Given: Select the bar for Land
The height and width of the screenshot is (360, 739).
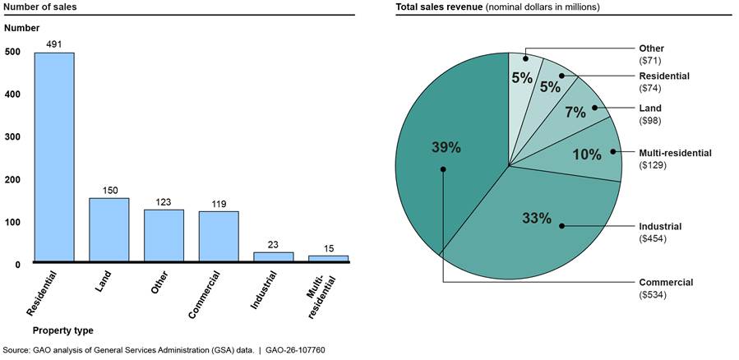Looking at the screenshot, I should point(109,230).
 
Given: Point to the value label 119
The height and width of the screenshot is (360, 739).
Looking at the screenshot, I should point(219,204).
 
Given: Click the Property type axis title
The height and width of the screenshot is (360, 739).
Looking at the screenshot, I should point(62,330).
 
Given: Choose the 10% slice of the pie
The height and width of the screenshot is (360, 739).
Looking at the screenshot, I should point(592,152).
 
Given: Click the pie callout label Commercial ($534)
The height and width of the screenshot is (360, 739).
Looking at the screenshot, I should point(666,288).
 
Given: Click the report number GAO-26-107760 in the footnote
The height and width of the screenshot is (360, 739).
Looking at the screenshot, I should point(290,350).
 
